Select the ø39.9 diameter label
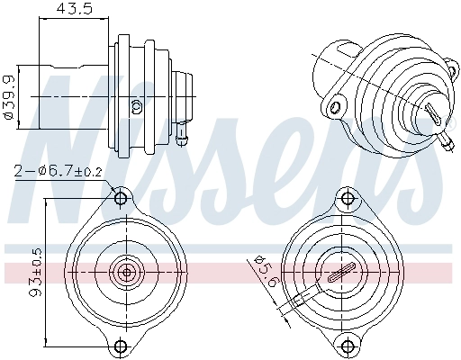coord(10,94)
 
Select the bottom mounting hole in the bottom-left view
coord(121,346)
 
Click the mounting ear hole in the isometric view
coord(336,107)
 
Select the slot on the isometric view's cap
coord(433,116)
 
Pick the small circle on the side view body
coord(137,105)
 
